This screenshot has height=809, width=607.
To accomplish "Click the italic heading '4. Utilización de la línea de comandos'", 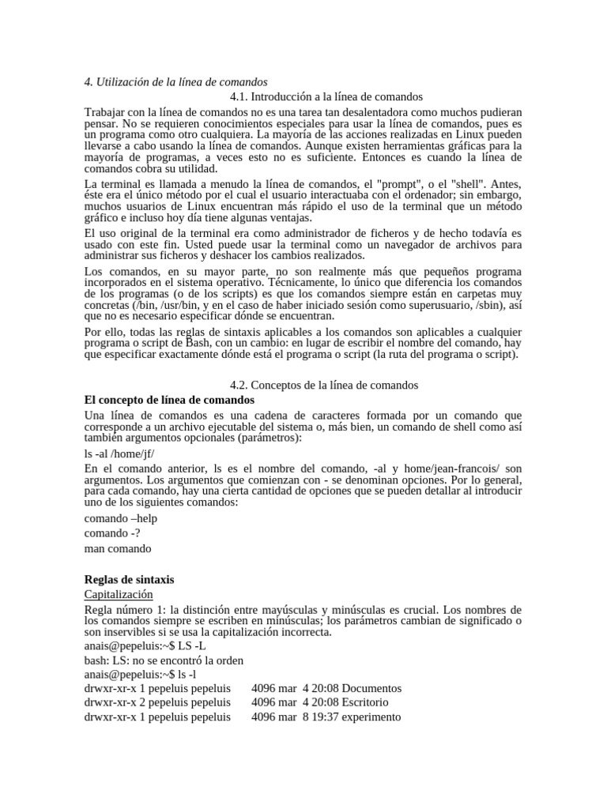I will tap(175, 81).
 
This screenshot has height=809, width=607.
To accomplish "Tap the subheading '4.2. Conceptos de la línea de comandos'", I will tap(324, 385).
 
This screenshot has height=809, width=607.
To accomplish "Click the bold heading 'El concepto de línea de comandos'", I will tap(164, 400).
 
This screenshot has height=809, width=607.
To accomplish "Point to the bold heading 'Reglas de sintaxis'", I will tap(129, 579).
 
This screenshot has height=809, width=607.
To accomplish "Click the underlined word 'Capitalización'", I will tap(119, 594).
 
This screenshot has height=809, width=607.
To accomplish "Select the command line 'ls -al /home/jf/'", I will tap(119, 453).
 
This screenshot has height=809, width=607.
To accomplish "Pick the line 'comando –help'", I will tap(121, 518).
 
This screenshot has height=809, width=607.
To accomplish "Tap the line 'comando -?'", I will tap(113, 533).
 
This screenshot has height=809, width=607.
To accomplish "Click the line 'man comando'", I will tap(118, 548).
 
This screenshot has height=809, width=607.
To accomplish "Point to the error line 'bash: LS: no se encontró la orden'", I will tap(164, 660).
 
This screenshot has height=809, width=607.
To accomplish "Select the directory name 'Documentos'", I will tap(371, 688).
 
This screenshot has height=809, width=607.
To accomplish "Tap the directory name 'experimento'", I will tap(371, 717).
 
